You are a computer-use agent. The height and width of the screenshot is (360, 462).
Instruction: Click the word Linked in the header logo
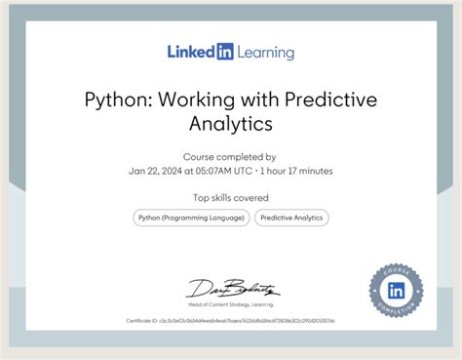tap(190, 52)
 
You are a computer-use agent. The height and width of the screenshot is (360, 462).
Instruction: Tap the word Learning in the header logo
tap(264, 52)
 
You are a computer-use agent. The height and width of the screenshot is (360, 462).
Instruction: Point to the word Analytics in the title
tap(230, 124)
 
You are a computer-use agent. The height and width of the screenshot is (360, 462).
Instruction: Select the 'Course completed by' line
tap(230, 156)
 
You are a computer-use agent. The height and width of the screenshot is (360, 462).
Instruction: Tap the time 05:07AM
tap(214, 171)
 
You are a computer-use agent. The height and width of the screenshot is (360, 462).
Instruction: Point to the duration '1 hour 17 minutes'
tap(297, 171)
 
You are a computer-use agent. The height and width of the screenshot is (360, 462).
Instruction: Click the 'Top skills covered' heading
tap(230, 198)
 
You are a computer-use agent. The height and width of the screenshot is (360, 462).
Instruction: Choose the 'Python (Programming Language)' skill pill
tap(191, 219)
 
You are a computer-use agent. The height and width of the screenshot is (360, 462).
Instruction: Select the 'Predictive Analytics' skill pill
tap(291, 219)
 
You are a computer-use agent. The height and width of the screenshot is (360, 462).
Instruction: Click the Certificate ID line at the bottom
tap(230, 320)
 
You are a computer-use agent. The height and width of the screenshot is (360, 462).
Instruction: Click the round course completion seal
tap(396, 290)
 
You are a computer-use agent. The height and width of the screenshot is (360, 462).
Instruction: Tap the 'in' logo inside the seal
tap(396, 290)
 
